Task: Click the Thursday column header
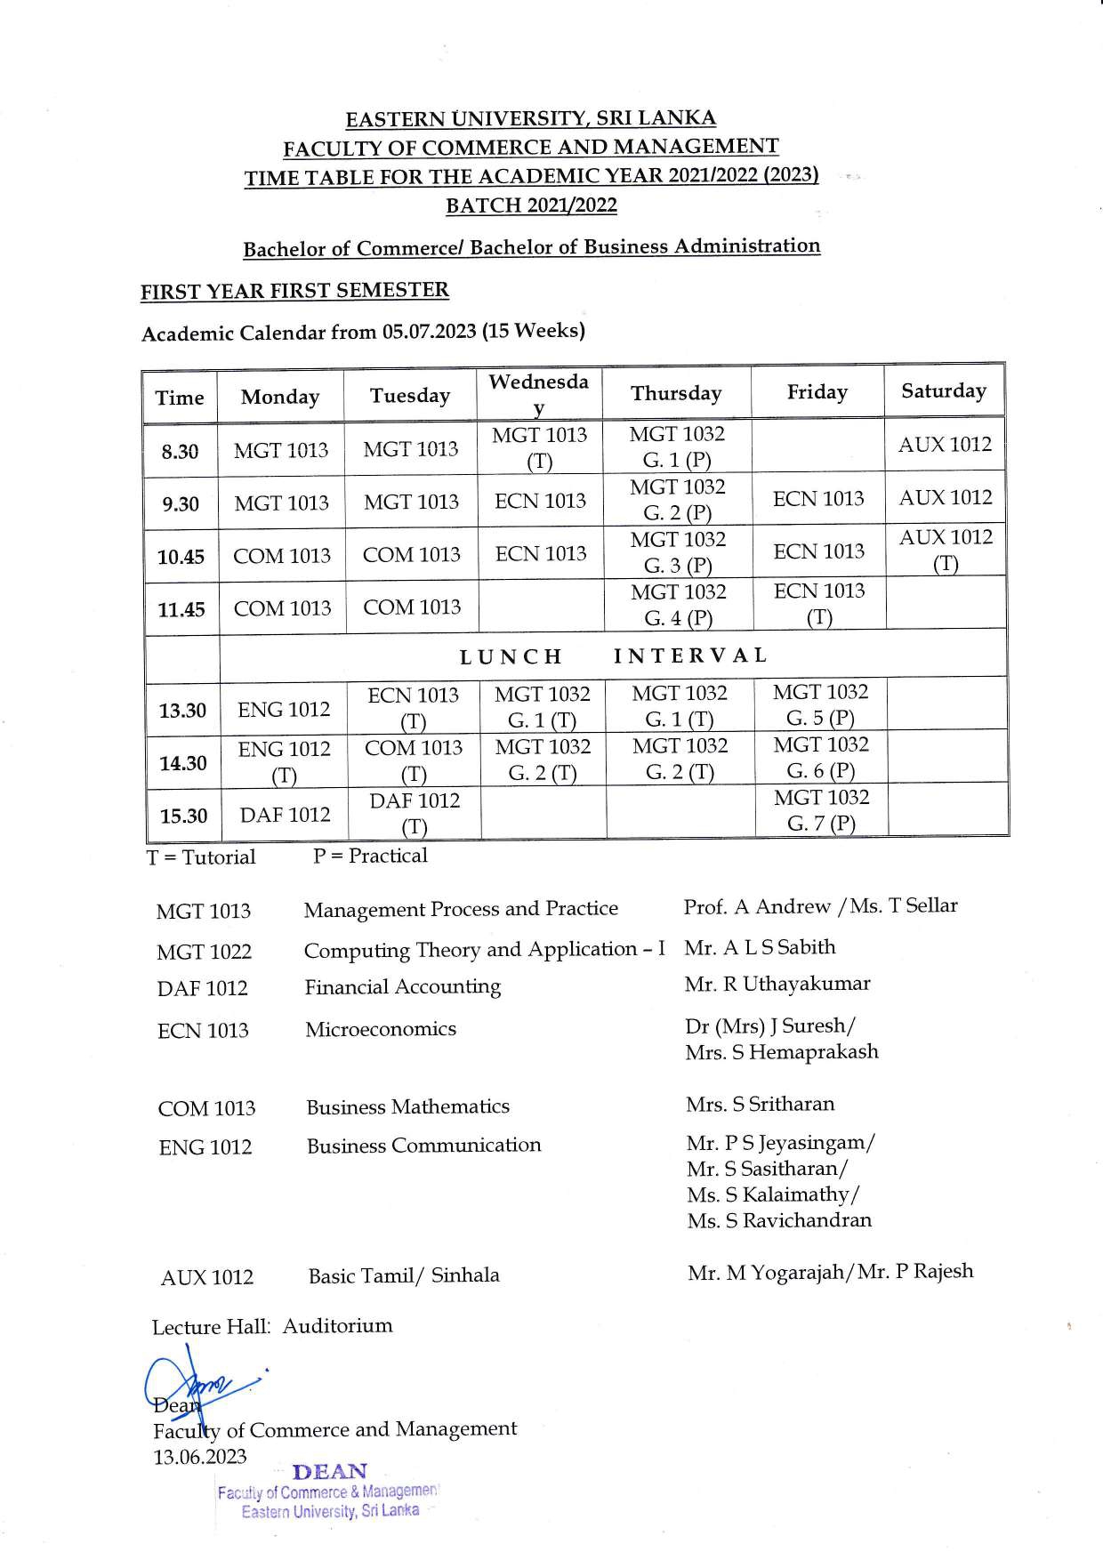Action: point(676,393)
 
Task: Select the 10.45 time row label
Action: point(181,558)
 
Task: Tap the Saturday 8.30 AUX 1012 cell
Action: point(945,445)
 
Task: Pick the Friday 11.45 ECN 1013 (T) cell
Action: point(818,604)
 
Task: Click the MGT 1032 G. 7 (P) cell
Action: point(821,810)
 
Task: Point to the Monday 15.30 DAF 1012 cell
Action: point(285,815)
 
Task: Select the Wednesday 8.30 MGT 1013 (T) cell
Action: point(540,447)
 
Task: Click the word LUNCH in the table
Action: point(511,656)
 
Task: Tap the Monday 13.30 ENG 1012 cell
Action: point(284,710)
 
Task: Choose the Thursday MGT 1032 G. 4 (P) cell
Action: point(678,605)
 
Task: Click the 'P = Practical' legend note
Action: point(370,856)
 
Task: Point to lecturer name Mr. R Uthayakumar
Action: point(777,984)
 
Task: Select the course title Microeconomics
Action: point(381,1029)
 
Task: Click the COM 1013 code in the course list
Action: point(206,1109)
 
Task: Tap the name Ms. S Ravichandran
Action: point(779,1220)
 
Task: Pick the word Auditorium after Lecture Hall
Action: point(337,1325)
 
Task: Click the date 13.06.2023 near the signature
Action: point(200,1457)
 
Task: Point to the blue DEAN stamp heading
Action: point(329,1472)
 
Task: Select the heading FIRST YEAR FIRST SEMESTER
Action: point(294,291)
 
